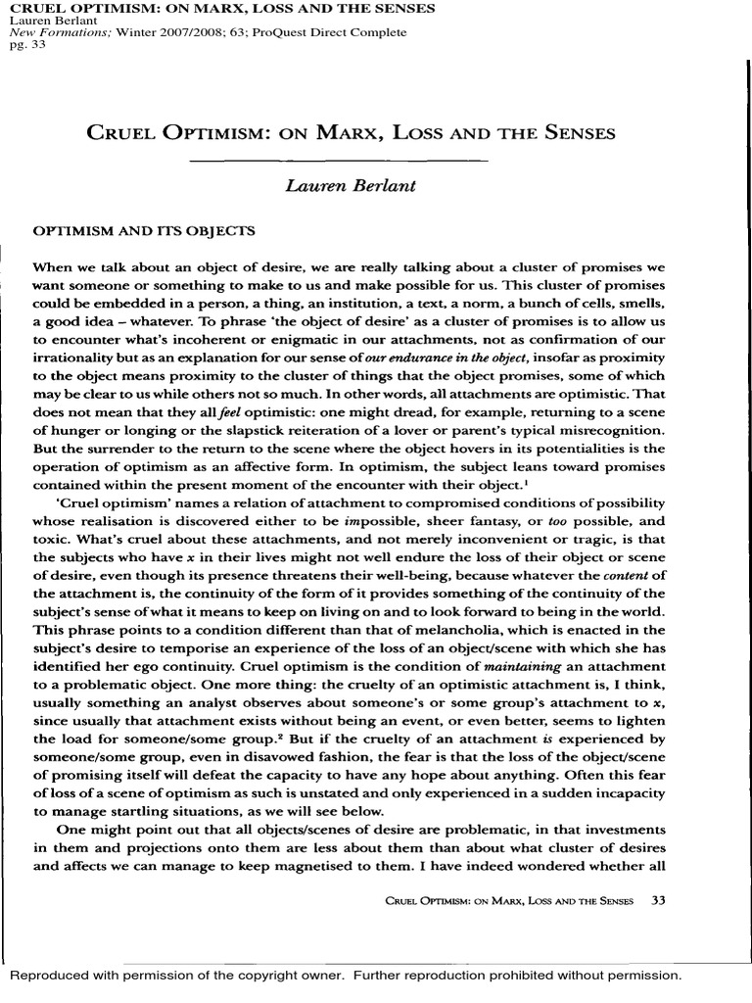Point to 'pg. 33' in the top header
point(22,46)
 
